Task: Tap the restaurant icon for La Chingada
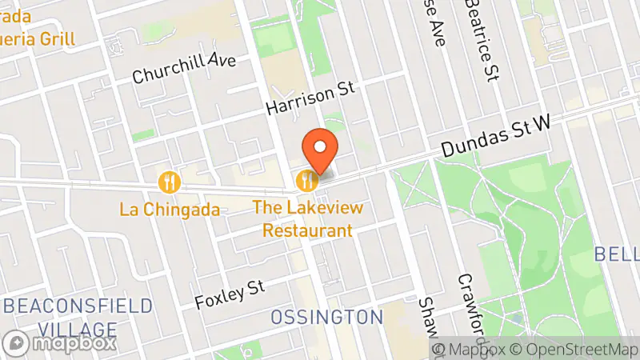(169, 182)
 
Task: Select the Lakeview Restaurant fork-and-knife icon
(306, 181)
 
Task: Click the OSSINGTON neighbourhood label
(326, 317)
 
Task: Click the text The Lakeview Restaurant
(308, 218)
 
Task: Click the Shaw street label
(430, 316)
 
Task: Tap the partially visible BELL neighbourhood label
(617, 254)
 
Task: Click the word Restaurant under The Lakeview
(308, 230)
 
